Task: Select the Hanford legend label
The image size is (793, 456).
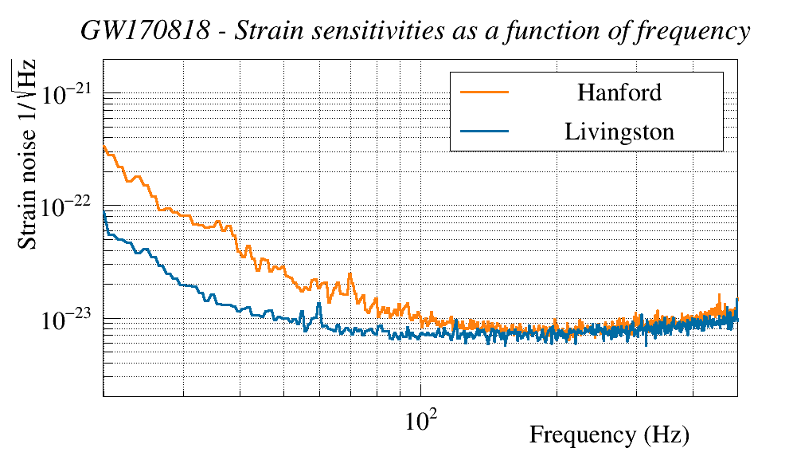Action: tap(619, 92)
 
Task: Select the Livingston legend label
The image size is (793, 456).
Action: tap(619, 131)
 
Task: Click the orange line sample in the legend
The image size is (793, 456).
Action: tap(484, 92)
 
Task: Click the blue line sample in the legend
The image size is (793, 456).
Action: tap(484, 131)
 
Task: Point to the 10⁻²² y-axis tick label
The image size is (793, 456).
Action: tap(70, 206)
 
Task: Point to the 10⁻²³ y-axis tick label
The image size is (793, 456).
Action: tap(70, 320)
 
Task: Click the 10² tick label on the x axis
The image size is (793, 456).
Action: tap(420, 419)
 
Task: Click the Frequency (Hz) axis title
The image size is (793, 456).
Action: tap(608, 435)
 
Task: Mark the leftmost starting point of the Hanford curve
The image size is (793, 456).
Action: tap(104, 146)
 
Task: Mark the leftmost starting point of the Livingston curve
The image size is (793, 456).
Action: tap(104, 213)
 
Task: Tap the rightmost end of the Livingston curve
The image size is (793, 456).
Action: tap(737, 301)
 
